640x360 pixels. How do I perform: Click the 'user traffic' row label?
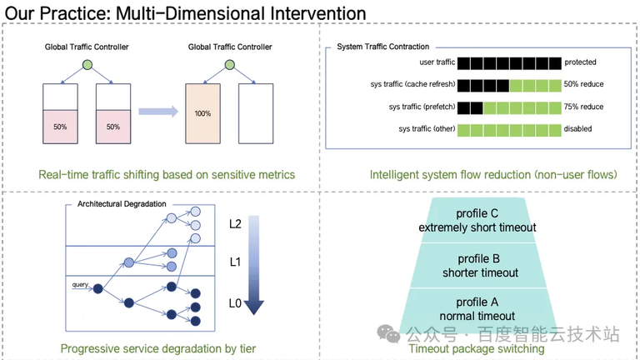(433, 62)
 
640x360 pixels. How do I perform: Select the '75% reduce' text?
(584, 107)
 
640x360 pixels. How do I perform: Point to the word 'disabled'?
(580, 129)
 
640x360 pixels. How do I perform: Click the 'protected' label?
(581, 62)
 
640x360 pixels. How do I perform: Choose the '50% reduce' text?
(584, 84)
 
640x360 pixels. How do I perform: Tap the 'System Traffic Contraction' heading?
(382, 47)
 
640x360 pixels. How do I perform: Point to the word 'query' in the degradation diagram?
(81, 284)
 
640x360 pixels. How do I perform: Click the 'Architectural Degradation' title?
(122, 204)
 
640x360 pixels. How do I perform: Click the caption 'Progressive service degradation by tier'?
(158, 348)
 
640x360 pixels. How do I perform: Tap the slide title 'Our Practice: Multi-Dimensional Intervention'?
(186, 13)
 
